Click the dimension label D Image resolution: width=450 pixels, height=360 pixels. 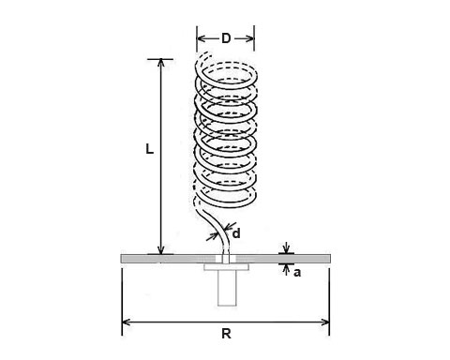point(226,38)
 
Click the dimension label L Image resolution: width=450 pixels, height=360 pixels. point(150,149)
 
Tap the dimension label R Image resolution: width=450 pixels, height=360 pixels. point(226,334)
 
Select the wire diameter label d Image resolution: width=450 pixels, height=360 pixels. point(236,233)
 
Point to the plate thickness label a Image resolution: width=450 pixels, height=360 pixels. point(297,273)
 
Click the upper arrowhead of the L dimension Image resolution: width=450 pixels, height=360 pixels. point(161,64)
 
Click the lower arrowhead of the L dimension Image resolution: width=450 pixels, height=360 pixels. point(160,250)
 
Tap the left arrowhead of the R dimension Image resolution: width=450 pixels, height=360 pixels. point(127,322)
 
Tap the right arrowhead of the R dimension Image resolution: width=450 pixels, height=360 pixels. point(325,322)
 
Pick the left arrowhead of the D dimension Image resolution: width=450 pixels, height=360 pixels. point(202,38)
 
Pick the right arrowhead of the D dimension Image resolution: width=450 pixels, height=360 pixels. point(249,38)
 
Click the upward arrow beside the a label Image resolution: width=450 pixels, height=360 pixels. point(286,269)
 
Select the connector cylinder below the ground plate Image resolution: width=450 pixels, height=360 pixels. point(227,288)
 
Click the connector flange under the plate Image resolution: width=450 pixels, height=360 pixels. point(227,267)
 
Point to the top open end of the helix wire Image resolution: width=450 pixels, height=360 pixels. point(207,53)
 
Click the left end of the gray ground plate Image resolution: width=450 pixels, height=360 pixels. point(122,259)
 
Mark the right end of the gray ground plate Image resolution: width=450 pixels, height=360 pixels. point(330,259)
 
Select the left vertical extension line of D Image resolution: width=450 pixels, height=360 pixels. point(197,38)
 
